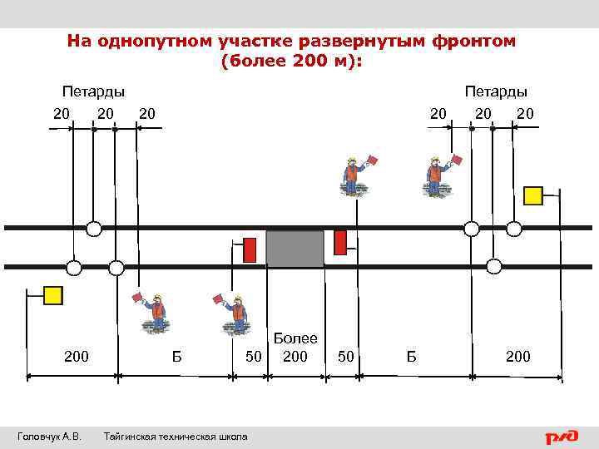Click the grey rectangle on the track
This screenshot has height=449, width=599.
(295, 249)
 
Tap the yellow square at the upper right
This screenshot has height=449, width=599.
(533, 195)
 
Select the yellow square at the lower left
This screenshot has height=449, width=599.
(53, 294)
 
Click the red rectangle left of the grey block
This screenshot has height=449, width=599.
(250, 249)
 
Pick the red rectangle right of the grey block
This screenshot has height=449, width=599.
(339, 242)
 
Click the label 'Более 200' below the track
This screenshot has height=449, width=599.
(295, 348)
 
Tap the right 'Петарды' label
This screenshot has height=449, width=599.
(496, 91)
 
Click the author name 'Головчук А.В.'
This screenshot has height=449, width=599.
(49, 437)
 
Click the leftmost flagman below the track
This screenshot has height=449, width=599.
(155, 313)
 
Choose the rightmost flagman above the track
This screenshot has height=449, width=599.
(433, 175)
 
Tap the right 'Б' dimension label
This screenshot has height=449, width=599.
(411, 358)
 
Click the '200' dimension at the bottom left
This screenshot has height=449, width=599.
(77, 358)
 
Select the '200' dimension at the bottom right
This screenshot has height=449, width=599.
(517, 358)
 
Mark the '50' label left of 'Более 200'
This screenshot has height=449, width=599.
(255, 358)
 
